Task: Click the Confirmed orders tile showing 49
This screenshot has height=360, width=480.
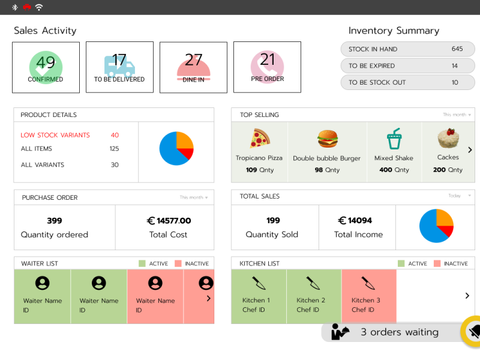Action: click(46, 67)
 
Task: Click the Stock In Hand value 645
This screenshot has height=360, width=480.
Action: click(457, 49)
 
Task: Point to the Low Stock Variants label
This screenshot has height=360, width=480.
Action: click(55, 136)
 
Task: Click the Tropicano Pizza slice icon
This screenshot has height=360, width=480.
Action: click(259, 139)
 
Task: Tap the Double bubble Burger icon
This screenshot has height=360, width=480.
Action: click(327, 139)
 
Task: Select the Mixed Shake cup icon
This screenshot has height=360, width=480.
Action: click(394, 139)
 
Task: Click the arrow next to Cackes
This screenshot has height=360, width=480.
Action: click(470, 150)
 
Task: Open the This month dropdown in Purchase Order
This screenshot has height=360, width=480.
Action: click(194, 197)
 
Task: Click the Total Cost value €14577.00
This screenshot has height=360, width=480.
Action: click(169, 221)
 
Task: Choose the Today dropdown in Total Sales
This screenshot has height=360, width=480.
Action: click(460, 196)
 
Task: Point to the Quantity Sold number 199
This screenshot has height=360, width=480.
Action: click(273, 221)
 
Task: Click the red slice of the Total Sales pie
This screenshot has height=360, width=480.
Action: click(447, 230)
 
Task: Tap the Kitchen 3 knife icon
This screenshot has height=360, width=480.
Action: click(368, 283)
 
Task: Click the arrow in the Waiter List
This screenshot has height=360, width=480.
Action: click(208, 298)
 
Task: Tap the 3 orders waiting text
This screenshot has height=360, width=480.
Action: click(399, 332)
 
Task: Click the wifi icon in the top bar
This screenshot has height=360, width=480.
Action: click(39, 7)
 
